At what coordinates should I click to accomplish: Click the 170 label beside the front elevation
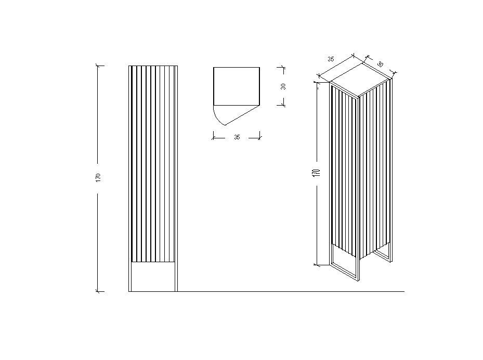click(98, 177)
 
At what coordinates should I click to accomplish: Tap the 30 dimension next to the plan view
click(283, 86)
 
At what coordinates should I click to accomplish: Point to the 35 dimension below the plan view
click(237, 137)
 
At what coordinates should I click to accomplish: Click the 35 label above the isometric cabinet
click(331, 59)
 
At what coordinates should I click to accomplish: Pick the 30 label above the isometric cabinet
click(380, 64)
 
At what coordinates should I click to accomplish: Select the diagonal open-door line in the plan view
click(242, 115)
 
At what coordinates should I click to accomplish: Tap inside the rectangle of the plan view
click(237, 86)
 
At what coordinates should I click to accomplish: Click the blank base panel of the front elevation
click(153, 277)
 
